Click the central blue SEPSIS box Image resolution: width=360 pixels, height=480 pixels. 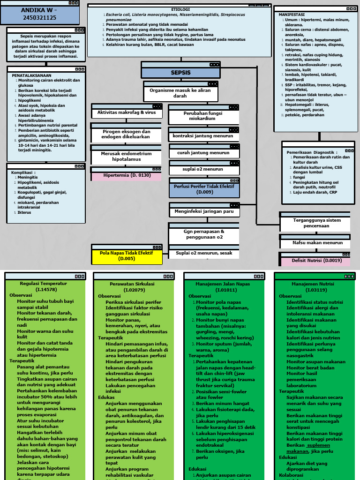pos(180,73)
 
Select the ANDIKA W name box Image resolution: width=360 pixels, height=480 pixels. pos(39,14)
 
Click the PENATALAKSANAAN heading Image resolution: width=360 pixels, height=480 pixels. pos(32,75)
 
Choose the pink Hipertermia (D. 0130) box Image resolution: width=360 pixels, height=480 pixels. pos(127,175)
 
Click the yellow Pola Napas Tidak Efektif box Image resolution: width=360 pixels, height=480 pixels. pos(127,255)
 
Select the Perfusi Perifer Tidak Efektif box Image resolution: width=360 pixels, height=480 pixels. pos(204,189)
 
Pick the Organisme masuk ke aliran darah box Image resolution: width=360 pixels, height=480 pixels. pos(180,93)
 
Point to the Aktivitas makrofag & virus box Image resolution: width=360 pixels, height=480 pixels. pos(127,113)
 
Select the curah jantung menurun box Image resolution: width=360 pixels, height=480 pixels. pos(203,153)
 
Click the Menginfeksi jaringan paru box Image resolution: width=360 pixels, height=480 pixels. pos(204,211)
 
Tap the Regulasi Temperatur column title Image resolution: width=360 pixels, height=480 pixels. pos(44,284)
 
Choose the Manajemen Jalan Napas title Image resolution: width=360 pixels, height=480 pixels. pos(224,284)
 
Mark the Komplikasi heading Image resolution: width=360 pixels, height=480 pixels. pos(23,172)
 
